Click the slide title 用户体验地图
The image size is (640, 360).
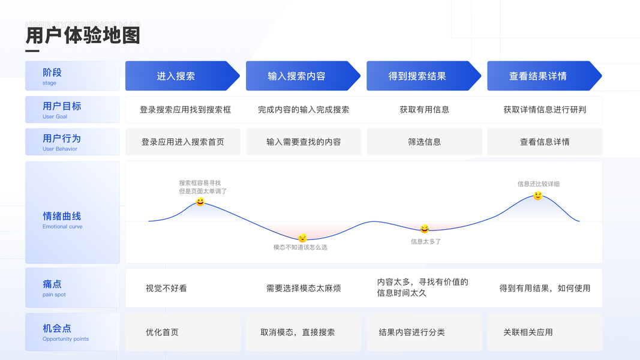(x=83, y=35)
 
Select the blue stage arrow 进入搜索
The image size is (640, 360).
(x=176, y=76)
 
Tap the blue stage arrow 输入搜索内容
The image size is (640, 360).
(x=297, y=76)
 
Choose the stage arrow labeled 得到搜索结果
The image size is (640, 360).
(x=417, y=76)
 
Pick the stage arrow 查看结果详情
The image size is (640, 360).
(x=538, y=76)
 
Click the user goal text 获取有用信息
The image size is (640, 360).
(x=425, y=110)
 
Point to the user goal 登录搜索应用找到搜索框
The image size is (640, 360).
(x=185, y=110)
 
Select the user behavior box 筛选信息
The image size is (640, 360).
(x=425, y=142)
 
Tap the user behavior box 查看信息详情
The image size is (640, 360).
(x=545, y=142)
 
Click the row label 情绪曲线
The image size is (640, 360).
(x=62, y=216)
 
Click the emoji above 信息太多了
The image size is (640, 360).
(x=425, y=229)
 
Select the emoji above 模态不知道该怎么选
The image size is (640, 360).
(x=302, y=238)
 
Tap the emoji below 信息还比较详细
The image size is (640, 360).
(x=538, y=196)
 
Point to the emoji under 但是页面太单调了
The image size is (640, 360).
(x=200, y=202)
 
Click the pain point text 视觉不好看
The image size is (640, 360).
(x=166, y=288)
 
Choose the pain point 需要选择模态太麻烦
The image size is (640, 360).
(x=304, y=288)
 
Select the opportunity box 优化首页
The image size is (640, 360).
(x=162, y=332)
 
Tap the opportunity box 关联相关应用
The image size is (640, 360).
(x=528, y=332)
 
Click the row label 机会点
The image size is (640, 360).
(x=57, y=328)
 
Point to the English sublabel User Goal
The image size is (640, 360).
(x=55, y=116)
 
